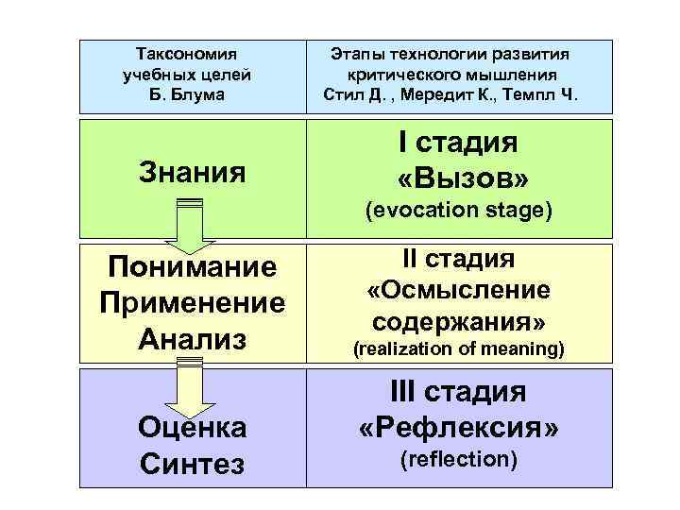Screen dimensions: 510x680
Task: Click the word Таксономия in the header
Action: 186,54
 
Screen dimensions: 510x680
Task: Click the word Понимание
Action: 192,267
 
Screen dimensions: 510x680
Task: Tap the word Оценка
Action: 192,428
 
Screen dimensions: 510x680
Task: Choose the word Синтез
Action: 192,464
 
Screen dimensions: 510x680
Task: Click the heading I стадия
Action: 457,144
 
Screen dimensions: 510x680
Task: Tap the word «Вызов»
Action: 457,178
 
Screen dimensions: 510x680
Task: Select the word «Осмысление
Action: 457,290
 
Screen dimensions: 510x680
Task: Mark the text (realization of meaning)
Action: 457,350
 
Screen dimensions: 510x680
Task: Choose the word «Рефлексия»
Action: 457,428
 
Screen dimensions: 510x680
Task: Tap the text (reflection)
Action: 457,460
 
